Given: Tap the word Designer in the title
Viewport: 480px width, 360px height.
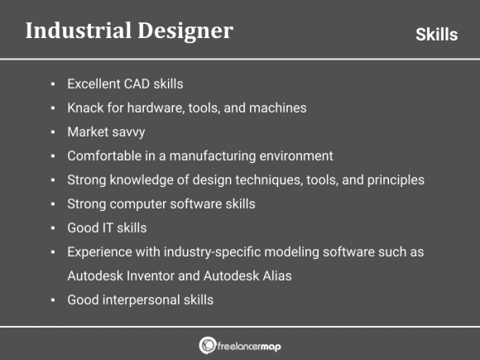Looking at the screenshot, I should pyautogui.click(x=180, y=31).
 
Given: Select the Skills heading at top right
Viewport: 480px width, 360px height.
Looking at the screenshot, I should pyautogui.click(x=436, y=35).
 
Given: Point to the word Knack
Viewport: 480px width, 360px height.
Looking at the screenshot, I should pyautogui.click(x=86, y=108).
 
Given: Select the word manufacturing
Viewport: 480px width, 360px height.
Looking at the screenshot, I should pyautogui.click(x=214, y=156).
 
